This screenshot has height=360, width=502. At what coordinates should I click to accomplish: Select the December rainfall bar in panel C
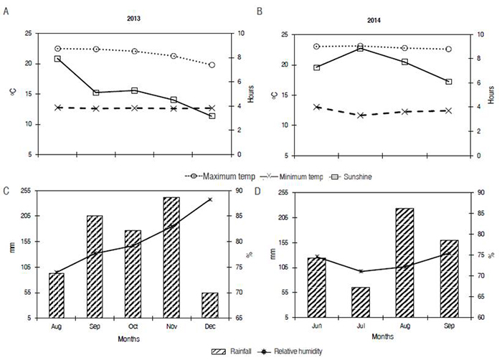[210, 305]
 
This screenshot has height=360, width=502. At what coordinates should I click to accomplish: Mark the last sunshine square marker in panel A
[212, 115]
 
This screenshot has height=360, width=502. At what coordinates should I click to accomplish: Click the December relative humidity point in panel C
[210, 199]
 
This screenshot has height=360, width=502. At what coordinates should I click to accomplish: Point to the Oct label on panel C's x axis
[133, 327]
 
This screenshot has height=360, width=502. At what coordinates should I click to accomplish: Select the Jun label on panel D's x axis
[316, 327]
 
